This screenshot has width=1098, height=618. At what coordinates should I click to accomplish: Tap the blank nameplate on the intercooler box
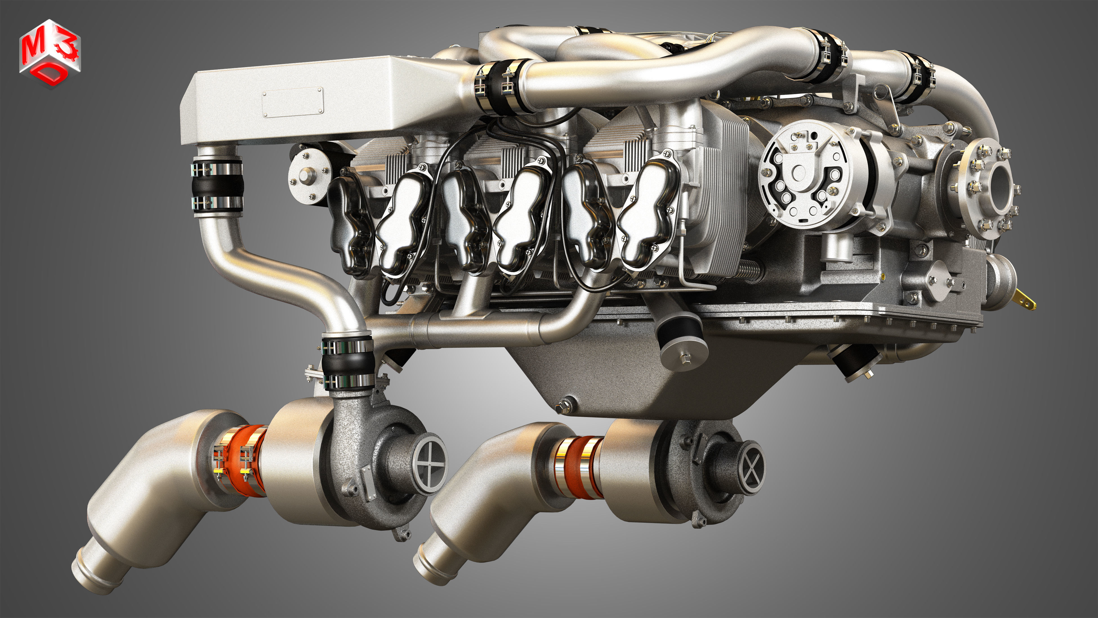click(x=293, y=102)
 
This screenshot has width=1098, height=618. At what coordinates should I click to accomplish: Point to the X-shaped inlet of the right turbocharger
click(x=752, y=468)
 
